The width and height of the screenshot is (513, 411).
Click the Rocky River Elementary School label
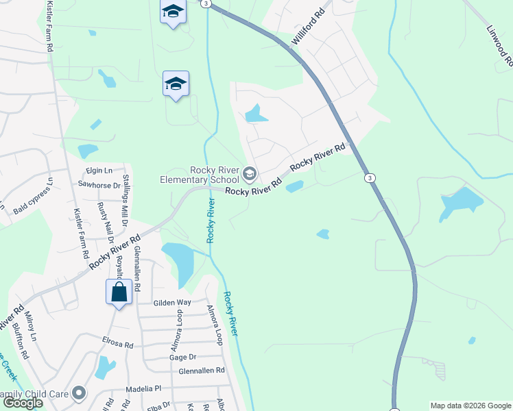click(198, 175)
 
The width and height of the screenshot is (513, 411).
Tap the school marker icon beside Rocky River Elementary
click(250, 173)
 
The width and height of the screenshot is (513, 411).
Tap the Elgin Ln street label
click(99, 171)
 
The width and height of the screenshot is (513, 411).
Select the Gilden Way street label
click(172, 302)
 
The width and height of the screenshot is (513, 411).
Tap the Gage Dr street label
click(182, 358)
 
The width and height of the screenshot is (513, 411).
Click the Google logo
click(23, 403)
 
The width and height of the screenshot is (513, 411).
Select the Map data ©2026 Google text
click(470, 406)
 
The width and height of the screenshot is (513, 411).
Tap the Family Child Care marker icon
click(80, 393)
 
